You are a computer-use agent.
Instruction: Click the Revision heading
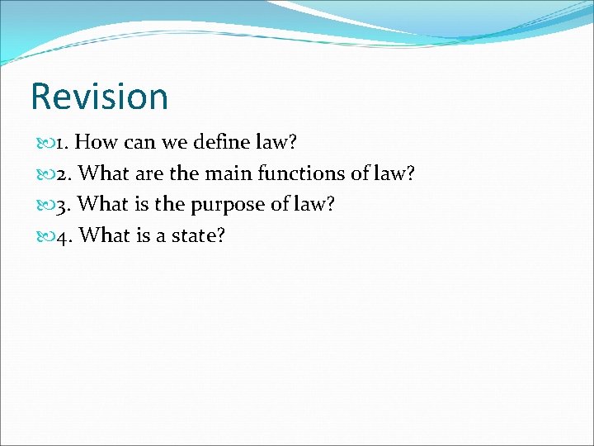click(x=99, y=97)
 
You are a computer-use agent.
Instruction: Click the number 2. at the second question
click(x=66, y=173)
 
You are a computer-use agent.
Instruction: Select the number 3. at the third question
click(x=66, y=205)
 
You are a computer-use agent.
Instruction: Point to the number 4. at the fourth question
click(x=66, y=236)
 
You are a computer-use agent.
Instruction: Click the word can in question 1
click(x=139, y=142)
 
